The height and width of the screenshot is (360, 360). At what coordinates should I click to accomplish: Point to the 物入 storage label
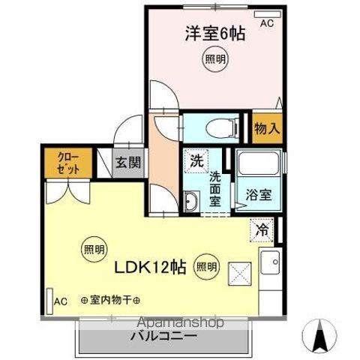[x=267, y=128]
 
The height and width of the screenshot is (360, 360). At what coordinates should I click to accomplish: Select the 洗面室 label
[x=215, y=187]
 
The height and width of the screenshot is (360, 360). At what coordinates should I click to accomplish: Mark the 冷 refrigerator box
[x=262, y=230]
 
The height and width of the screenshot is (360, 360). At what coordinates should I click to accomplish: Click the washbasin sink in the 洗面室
[x=191, y=201]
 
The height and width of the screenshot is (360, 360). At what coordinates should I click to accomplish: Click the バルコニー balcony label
[x=166, y=335]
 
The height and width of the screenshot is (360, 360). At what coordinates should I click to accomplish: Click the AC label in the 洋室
[x=267, y=23]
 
